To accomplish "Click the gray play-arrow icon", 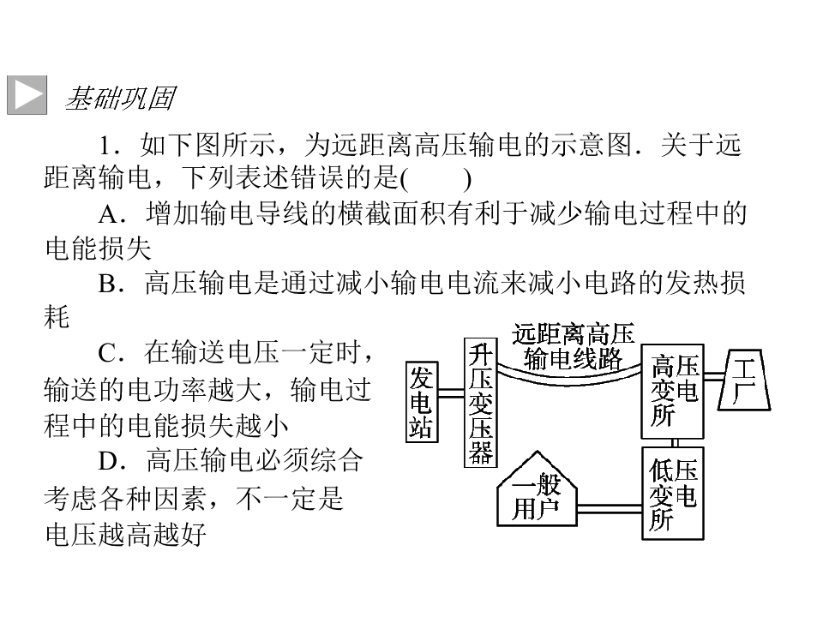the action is point(27,95).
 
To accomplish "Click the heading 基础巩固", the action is point(120,98).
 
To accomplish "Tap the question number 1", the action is point(106,146).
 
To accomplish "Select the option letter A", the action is point(109,214).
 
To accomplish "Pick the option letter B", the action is point(107,284).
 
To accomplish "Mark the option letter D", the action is point(108,461).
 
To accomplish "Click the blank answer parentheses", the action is point(436,180).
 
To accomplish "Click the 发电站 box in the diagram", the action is point(422,402).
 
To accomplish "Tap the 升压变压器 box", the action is point(480,403).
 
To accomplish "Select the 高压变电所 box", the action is point(672,392).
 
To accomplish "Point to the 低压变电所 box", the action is point(673,494).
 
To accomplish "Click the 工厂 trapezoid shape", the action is point(744,380).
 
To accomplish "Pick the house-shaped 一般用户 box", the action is point(537,489).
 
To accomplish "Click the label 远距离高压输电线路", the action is point(573,346).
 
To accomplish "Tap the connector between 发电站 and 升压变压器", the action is point(451,393).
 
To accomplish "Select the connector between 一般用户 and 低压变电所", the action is point(610,508).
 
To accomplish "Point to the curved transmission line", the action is point(569,380).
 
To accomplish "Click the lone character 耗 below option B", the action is point(57,317).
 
